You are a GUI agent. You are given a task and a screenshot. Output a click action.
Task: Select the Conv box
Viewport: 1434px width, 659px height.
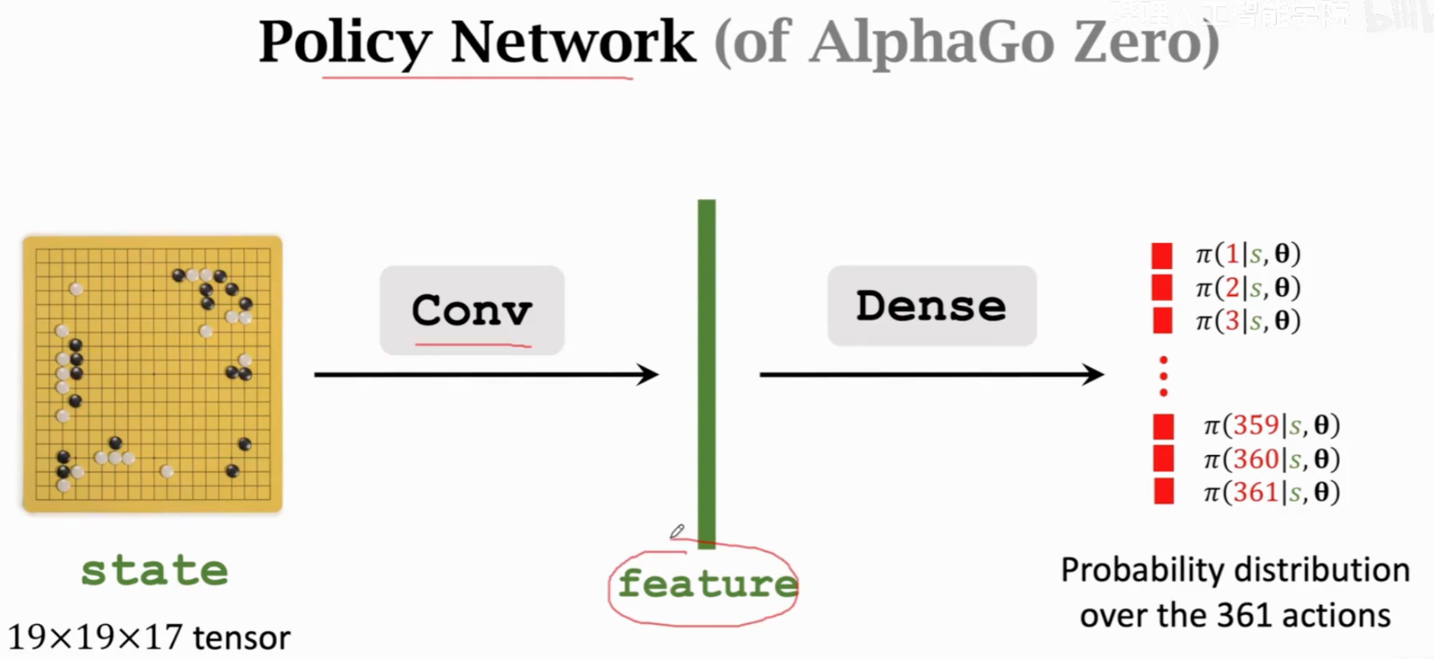pyautogui.click(x=471, y=310)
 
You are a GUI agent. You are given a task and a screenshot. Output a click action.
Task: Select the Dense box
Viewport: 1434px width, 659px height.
pyautogui.click(x=931, y=306)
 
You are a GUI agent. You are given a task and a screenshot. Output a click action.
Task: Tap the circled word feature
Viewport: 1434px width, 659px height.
pyautogui.click(x=706, y=584)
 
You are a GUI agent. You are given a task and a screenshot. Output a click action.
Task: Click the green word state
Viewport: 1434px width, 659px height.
pyautogui.click(x=155, y=571)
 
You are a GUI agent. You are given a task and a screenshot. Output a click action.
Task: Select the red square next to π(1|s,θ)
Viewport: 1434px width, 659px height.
pyautogui.click(x=1162, y=255)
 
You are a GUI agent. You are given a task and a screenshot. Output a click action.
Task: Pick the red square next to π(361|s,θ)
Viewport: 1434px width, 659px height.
pyautogui.click(x=1164, y=492)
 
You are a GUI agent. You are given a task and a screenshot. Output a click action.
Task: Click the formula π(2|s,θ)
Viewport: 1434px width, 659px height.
pyautogui.click(x=1248, y=288)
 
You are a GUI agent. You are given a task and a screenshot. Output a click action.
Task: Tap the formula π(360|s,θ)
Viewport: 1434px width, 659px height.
pyautogui.click(x=1271, y=459)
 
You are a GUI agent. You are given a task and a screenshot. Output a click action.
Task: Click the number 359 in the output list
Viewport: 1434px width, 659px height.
pyautogui.click(x=1256, y=425)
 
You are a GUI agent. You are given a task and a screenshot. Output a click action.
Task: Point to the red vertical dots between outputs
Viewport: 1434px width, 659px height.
pyautogui.click(x=1164, y=377)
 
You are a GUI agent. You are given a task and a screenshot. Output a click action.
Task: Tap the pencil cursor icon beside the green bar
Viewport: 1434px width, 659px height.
pyautogui.click(x=677, y=531)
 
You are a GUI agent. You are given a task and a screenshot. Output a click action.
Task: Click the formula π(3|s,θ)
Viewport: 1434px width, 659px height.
pyautogui.click(x=1248, y=321)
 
